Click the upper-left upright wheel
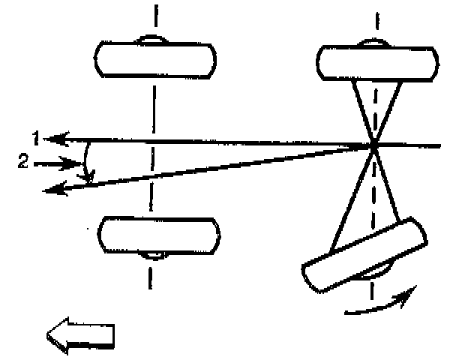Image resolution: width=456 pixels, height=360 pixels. click(156, 58)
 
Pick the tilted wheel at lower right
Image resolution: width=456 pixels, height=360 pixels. click(364, 255)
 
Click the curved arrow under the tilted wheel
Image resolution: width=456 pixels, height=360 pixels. click(378, 304)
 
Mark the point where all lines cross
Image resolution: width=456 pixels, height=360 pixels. click(373, 144)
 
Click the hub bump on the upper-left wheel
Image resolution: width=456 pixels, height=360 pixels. click(155, 39)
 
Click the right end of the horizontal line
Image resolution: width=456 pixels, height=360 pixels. click(439, 144)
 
